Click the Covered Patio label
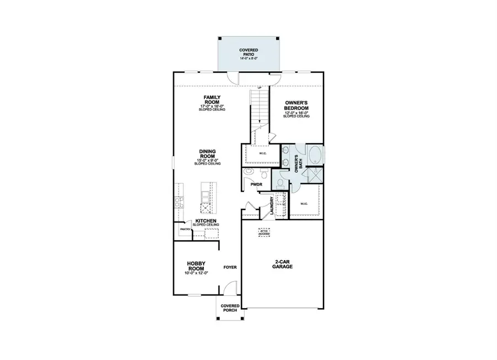pos(248,52)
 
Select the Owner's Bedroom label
pos(297,105)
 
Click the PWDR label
pos(255,186)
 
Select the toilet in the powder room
pos(265,174)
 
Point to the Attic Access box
pos(265,232)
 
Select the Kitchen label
pos(205,221)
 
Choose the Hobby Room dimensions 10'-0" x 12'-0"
pos(196,273)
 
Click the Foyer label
pos(230,267)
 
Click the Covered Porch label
pos(230,308)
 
